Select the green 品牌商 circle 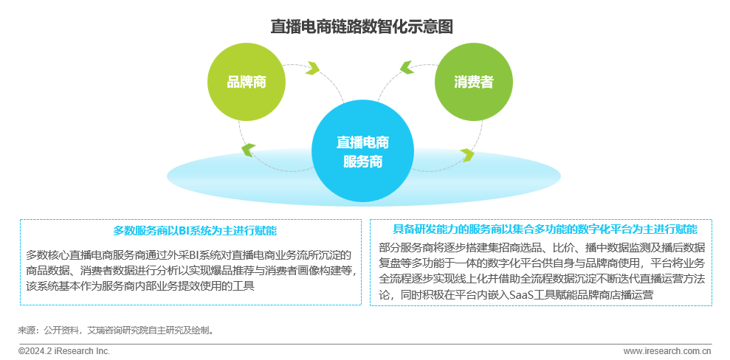[247, 82]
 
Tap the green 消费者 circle [474, 82]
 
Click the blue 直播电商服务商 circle [362, 150]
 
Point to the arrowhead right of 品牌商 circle [313, 69]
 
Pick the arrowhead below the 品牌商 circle [248, 150]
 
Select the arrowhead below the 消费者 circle [466, 154]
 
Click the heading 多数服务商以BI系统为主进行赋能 [190, 231]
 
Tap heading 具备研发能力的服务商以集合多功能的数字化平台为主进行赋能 [545, 229]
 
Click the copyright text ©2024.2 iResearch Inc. [64, 351]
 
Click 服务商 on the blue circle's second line [362, 162]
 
